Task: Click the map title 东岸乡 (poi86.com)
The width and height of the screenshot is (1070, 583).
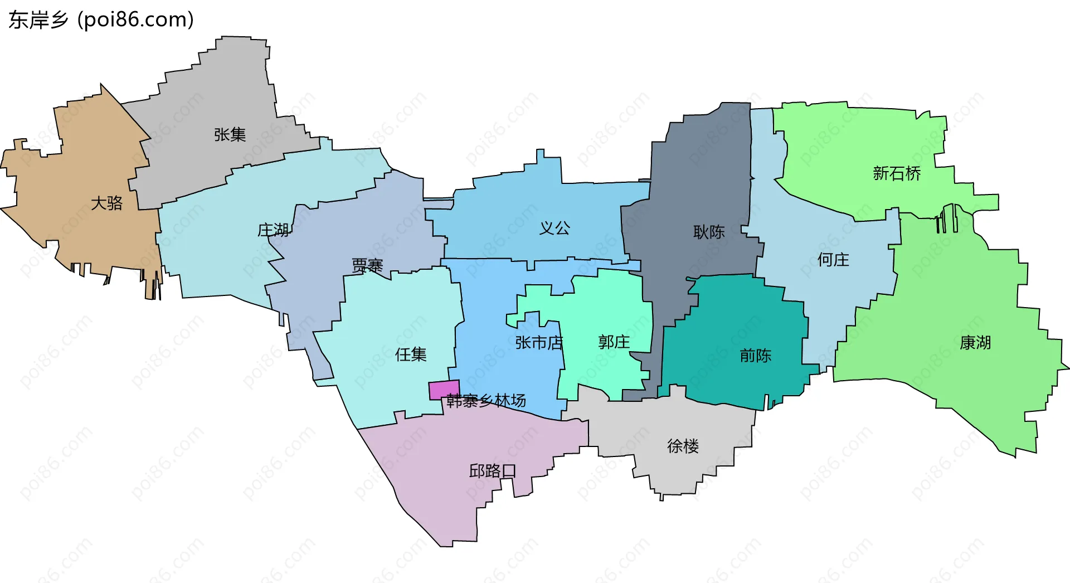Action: [101, 20]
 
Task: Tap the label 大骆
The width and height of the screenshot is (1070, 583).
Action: [106, 203]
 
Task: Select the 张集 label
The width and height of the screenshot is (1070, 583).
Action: [230, 134]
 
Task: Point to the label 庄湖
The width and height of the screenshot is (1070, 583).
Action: [273, 230]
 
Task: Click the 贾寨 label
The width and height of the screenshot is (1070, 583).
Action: [367, 265]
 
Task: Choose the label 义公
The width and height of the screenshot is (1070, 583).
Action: [555, 227]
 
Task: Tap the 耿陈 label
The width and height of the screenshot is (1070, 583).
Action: [709, 232]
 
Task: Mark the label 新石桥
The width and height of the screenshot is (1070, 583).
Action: [897, 173]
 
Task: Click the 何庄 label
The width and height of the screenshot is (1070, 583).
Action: [833, 259]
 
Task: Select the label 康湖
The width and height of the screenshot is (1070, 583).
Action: [975, 342]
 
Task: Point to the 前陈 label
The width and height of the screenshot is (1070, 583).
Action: [756, 355]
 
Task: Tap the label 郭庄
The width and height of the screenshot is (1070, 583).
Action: [614, 342]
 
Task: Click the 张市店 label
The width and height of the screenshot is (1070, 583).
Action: [539, 342]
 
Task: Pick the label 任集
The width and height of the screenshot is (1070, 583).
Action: [411, 354]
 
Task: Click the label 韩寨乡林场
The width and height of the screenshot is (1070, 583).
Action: [486, 400]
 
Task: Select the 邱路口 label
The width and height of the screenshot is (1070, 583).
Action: [493, 471]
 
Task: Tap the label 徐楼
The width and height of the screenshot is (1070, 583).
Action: [683, 446]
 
